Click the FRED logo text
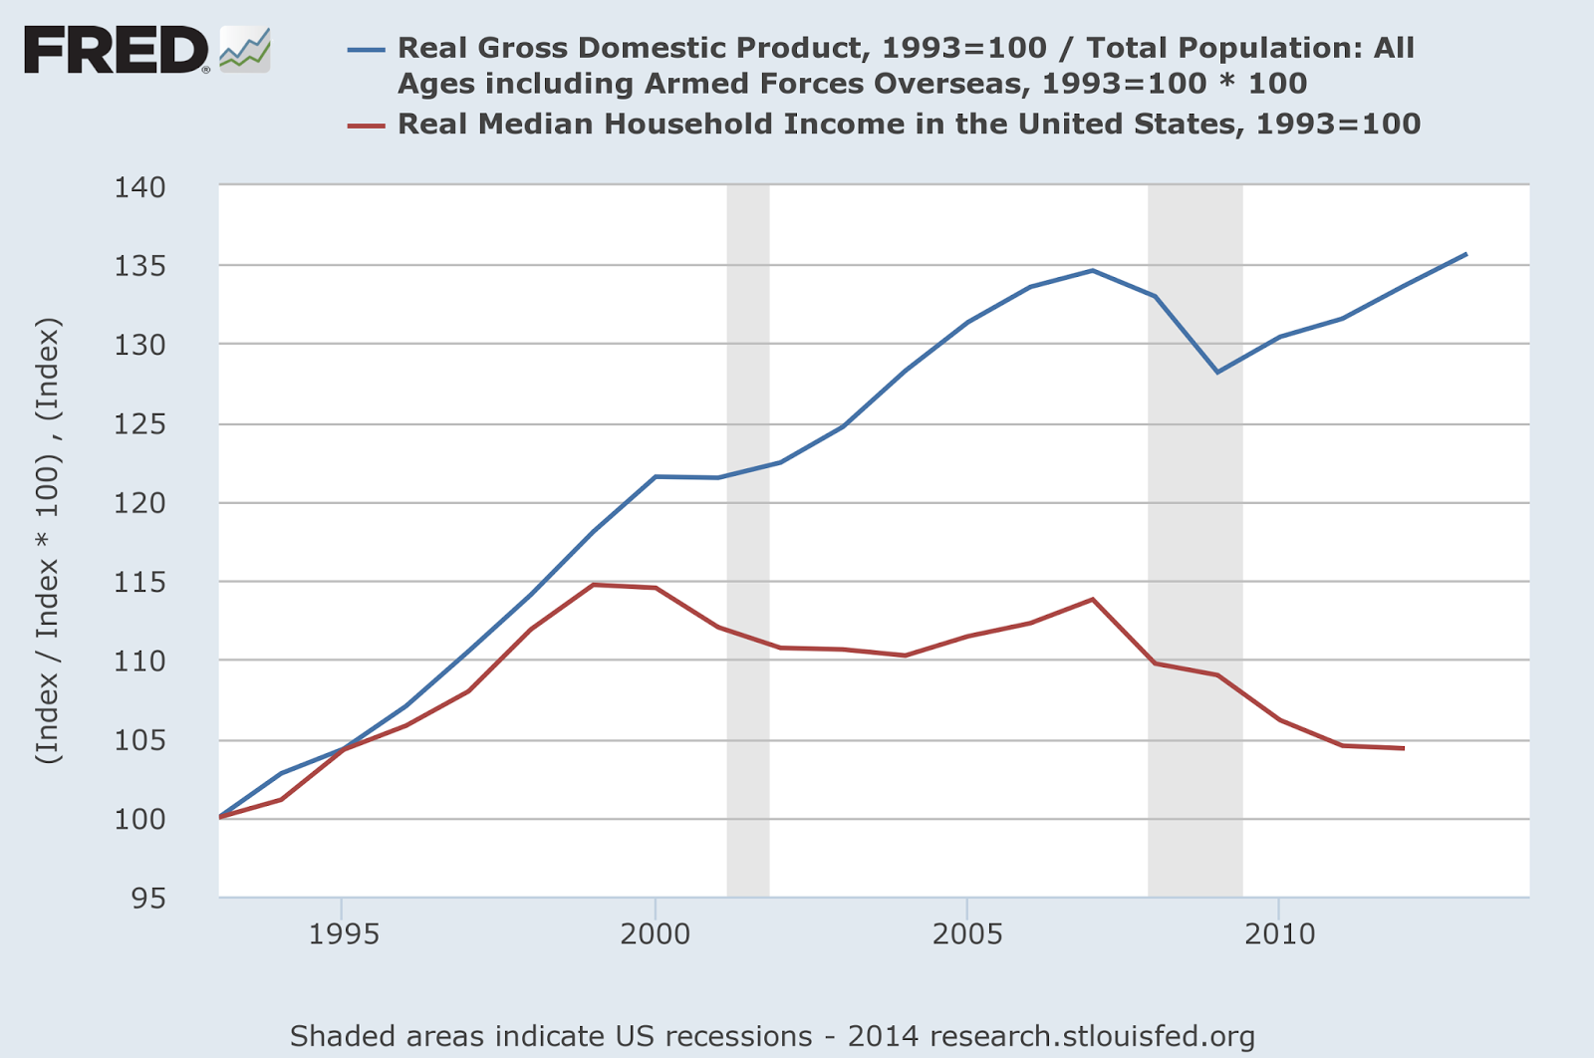point(115,50)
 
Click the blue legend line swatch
point(366,48)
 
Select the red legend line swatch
point(366,125)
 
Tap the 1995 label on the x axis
point(343,934)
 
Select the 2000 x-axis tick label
point(655,934)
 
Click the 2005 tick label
point(966,934)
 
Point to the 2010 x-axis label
point(1279,934)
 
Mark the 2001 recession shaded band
point(748,538)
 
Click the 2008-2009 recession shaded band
point(1195,538)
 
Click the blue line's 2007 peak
point(1093,270)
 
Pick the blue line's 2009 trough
point(1217,372)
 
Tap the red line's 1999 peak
point(594,585)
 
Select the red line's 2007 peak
point(1093,600)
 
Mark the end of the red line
point(1403,748)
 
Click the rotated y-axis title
point(48,540)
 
